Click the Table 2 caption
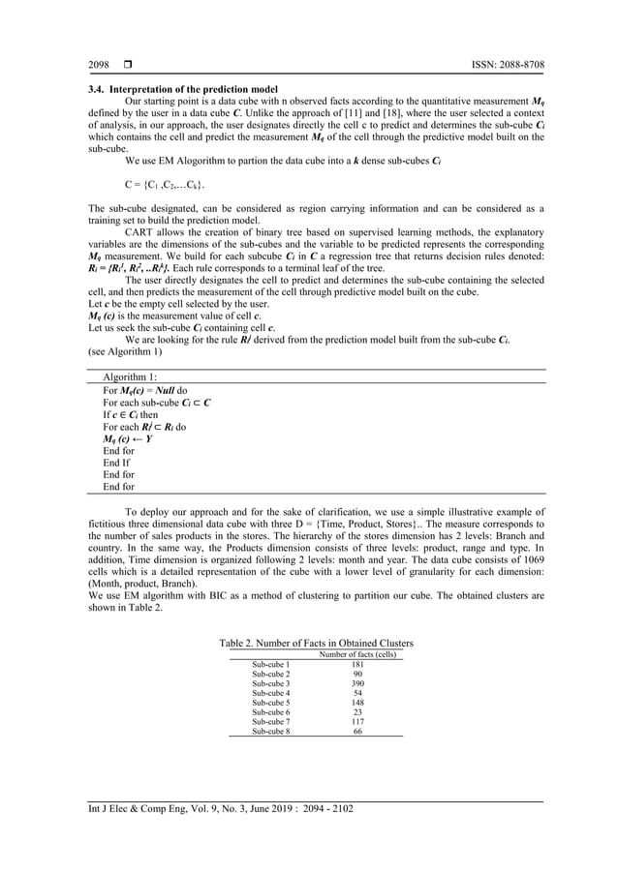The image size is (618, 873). tap(317, 643)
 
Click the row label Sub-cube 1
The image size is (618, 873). tap(270, 665)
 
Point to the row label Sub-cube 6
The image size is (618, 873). tap(270, 712)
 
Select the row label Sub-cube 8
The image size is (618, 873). tap(270, 731)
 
